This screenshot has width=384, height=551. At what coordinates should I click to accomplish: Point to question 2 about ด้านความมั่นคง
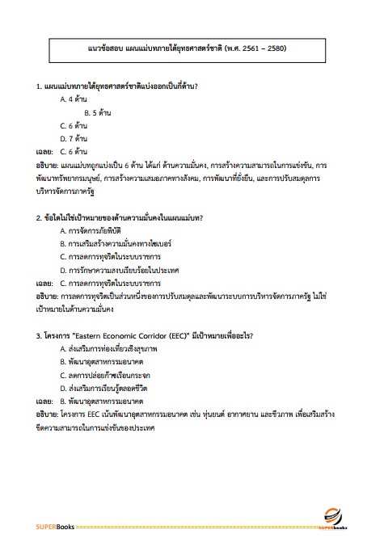[119, 217]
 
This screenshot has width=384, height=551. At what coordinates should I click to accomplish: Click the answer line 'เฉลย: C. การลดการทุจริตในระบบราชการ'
[97, 284]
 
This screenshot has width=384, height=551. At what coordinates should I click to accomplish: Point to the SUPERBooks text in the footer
[54, 527]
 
